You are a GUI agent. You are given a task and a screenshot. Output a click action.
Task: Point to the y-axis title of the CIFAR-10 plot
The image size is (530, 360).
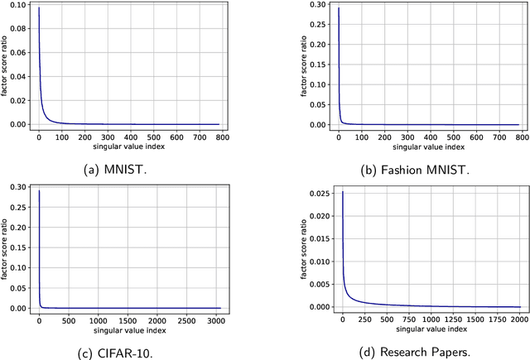tap(7, 248)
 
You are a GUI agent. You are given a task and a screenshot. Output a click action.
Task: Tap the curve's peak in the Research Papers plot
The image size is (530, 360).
tap(342, 192)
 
